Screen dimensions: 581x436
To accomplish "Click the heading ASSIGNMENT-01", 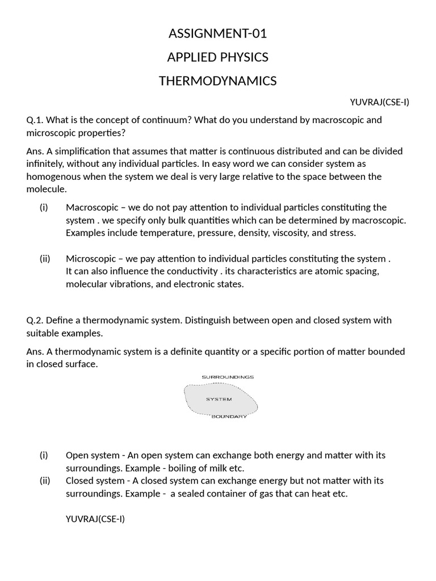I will click(x=217, y=34).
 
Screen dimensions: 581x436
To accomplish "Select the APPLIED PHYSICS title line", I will click(x=217, y=57).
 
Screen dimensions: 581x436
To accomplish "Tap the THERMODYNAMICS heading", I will click(x=217, y=81).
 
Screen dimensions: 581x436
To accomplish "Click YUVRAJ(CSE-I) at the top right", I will click(x=379, y=102).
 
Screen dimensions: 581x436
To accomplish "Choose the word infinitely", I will click(x=48, y=164).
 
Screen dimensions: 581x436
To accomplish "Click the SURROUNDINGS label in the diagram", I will click(x=228, y=377).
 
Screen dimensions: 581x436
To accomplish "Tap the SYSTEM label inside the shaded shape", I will click(x=219, y=399).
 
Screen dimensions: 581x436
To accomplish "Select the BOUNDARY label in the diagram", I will click(x=229, y=417).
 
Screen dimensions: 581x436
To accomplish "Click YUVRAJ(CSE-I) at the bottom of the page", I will click(x=95, y=519).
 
